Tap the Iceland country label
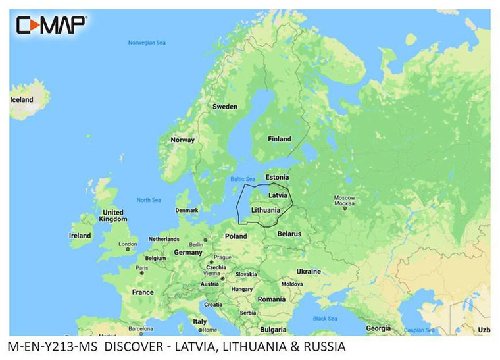pos(21,99)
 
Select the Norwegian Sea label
pos(147,43)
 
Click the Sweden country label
pos(224,106)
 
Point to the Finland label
pos(279,139)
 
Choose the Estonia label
pos(276,178)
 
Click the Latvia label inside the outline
pos(278,195)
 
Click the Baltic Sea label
pos(241,179)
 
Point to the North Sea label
pos(148,200)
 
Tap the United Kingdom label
pos(113,216)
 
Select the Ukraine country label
pos(309,271)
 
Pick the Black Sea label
pos(325,318)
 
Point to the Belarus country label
pos(289,234)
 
